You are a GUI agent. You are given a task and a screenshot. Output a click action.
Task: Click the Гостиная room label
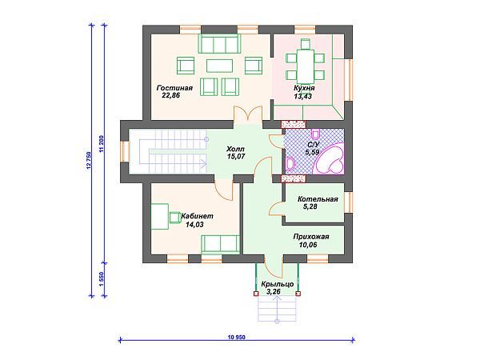[x=174, y=88]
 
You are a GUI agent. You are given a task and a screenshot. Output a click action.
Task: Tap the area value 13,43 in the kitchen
[x=304, y=97]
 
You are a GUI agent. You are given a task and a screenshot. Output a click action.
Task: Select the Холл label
[x=235, y=149]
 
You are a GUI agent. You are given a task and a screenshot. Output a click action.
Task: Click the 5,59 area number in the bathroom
[x=312, y=152]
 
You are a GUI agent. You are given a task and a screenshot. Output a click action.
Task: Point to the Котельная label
[x=318, y=199]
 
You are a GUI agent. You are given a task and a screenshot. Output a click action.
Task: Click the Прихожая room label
[x=311, y=237]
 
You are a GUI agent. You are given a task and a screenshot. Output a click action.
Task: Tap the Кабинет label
[x=197, y=216]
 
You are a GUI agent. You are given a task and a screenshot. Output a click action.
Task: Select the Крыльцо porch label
[x=278, y=284]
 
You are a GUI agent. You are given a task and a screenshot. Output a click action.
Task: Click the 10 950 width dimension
[x=237, y=338]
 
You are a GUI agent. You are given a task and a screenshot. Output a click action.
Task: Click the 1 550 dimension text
[x=102, y=280]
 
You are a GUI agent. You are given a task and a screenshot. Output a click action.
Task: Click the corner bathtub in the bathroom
[x=330, y=162]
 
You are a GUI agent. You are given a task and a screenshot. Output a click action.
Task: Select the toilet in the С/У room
[x=315, y=134]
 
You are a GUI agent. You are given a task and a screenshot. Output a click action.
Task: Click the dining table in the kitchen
[x=306, y=66]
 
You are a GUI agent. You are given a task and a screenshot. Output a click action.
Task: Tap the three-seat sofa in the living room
[x=219, y=44]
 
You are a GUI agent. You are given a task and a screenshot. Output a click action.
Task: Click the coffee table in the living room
[x=219, y=66]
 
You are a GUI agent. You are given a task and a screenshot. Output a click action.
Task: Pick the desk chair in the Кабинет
[x=175, y=218]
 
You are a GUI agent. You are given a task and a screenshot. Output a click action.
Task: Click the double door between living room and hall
[x=248, y=114]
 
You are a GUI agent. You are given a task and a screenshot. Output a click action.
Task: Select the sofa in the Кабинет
[x=221, y=244]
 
